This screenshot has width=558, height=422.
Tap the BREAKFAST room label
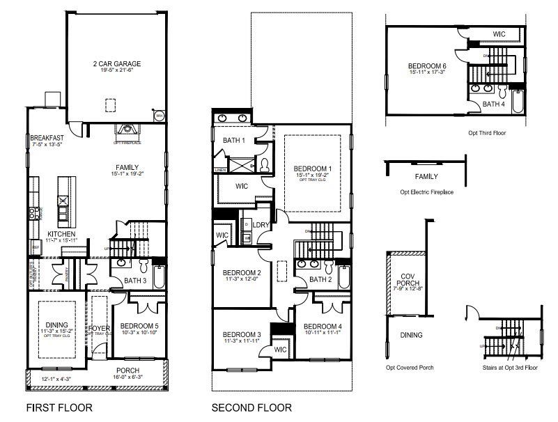coord(47,138)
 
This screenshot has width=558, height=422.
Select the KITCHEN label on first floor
coord(61,234)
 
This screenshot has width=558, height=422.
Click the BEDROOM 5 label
coord(139,326)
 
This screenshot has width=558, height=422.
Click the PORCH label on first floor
coord(127,370)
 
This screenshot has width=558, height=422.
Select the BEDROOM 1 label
coord(313,169)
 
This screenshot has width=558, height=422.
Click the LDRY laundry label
coord(262,225)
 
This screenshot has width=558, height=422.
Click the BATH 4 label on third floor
coord(493,104)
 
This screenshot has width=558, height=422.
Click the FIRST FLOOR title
coord(59,407)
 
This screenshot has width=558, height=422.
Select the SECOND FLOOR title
coord(251,407)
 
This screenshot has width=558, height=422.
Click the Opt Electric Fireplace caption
coord(426,192)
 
